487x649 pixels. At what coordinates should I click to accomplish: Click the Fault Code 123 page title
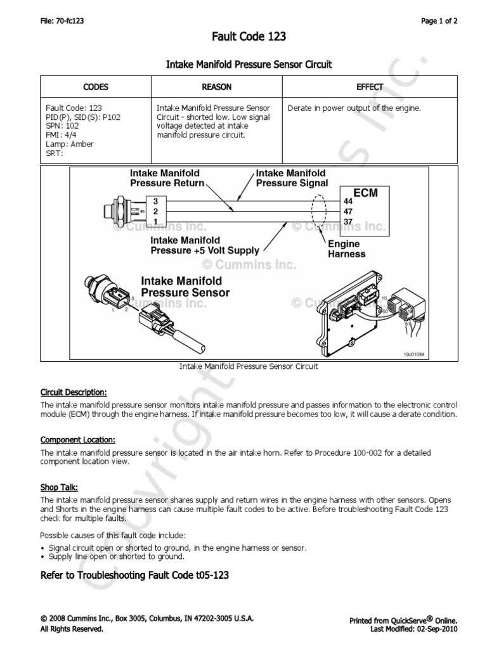click(249, 37)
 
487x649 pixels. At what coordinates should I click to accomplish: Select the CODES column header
click(96, 87)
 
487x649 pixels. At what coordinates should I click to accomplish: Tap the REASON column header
click(216, 87)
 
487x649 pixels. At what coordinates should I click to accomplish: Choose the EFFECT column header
click(370, 87)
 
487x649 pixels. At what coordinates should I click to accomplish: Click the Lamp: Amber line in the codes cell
click(70, 144)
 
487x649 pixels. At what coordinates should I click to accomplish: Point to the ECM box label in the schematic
click(365, 193)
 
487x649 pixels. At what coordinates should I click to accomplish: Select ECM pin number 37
click(347, 221)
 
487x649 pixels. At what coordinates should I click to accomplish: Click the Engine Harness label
click(346, 248)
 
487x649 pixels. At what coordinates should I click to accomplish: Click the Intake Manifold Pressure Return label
click(167, 178)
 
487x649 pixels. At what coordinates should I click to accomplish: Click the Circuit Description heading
click(74, 391)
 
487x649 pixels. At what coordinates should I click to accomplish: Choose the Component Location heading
click(77, 439)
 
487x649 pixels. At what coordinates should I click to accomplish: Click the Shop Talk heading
click(59, 487)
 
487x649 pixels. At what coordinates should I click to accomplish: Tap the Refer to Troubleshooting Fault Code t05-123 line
click(134, 575)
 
